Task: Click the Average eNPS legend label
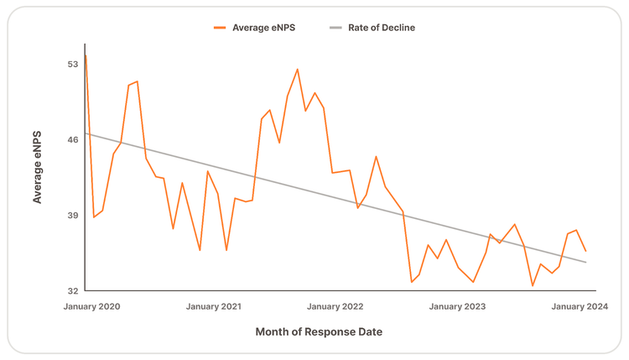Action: (x=263, y=28)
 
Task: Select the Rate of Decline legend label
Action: (x=382, y=28)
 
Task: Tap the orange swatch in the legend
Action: (x=220, y=28)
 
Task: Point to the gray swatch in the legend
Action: (x=335, y=28)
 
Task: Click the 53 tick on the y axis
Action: (x=73, y=65)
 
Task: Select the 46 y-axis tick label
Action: (x=73, y=139)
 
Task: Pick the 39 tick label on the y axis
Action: (x=73, y=215)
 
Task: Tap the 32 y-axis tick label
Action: (x=73, y=290)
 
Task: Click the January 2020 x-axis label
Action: (x=91, y=306)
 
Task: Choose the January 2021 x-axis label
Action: (x=213, y=306)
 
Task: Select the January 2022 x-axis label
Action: (x=335, y=306)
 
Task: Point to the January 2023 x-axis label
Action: (x=457, y=306)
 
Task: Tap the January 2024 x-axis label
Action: (x=580, y=306)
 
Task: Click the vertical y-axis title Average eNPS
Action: (x=37, y=167)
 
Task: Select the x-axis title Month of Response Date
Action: (x=319, y=332)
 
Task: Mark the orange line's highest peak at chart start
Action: (x=86, y=55)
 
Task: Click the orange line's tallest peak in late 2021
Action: (x=297, y=69)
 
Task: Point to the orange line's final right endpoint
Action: (x=586, y=251)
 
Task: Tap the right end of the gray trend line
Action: (x=586, y=263)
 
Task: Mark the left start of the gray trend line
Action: (x=86, y=133)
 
